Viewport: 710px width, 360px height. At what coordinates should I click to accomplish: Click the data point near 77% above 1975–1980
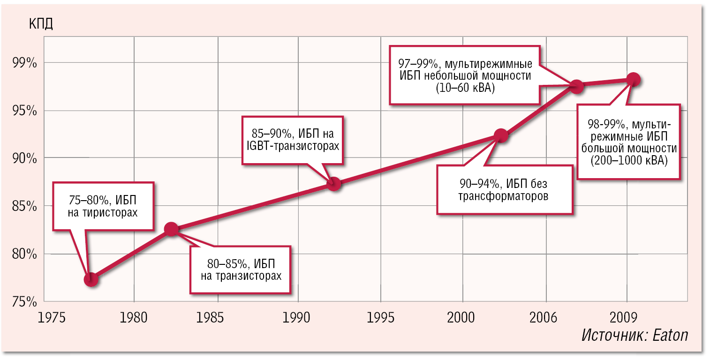pyautogui.click(x=91, y=279)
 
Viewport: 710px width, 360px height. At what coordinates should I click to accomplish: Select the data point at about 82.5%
pyautogui.click(x=171, y=229)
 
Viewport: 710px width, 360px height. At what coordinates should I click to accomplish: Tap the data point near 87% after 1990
pyautogui.click(x=333, y=183)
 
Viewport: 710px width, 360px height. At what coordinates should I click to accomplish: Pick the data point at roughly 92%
pyautogui.click(x=501, y=136)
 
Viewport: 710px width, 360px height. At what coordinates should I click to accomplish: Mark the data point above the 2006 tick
pyautogui.click(x=576, y=86)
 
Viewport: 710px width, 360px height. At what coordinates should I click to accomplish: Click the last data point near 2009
pyautogui.click(x=633, y=79)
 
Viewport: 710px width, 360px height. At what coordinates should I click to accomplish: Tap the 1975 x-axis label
pyautogui.click(x=52, y=318)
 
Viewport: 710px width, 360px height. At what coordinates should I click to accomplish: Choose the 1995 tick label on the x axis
pyautogui.click(x=380, y=318)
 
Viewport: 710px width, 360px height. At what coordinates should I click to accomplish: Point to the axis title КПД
pyautogui.click(x=41, y=24)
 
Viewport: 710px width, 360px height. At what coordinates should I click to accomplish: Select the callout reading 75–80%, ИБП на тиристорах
pyautogui.click(x=103, y=206)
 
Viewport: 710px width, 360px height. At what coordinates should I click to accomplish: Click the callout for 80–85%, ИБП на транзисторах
pyautogui.click(x=241, y=269)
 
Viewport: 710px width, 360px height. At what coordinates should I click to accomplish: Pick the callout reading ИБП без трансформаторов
pyautogui.click(x=504, y=189)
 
